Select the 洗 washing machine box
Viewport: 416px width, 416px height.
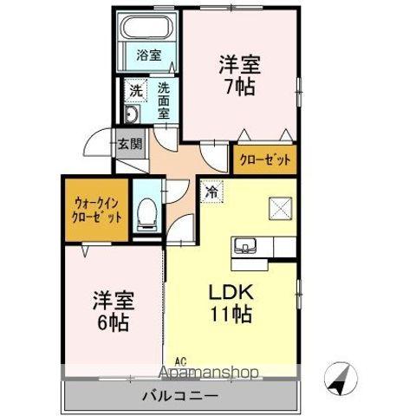tap(135, 90)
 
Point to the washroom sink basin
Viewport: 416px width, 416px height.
tap(132, 117)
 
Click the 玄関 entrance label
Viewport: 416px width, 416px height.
tap(129, 144)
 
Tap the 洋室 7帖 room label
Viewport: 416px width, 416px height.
tap(239, 75)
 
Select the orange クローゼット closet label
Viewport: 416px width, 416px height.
tap(264, 160)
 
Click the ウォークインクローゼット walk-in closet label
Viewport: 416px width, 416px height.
tap(96, 208)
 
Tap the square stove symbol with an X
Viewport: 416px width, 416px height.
tap(280, 208)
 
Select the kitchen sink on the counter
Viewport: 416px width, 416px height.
tap(247, 247)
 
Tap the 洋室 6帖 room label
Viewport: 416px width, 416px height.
tap(112, 311)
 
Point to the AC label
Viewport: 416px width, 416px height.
tap(180, 362)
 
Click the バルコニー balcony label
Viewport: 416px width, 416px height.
tap(180, 396)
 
